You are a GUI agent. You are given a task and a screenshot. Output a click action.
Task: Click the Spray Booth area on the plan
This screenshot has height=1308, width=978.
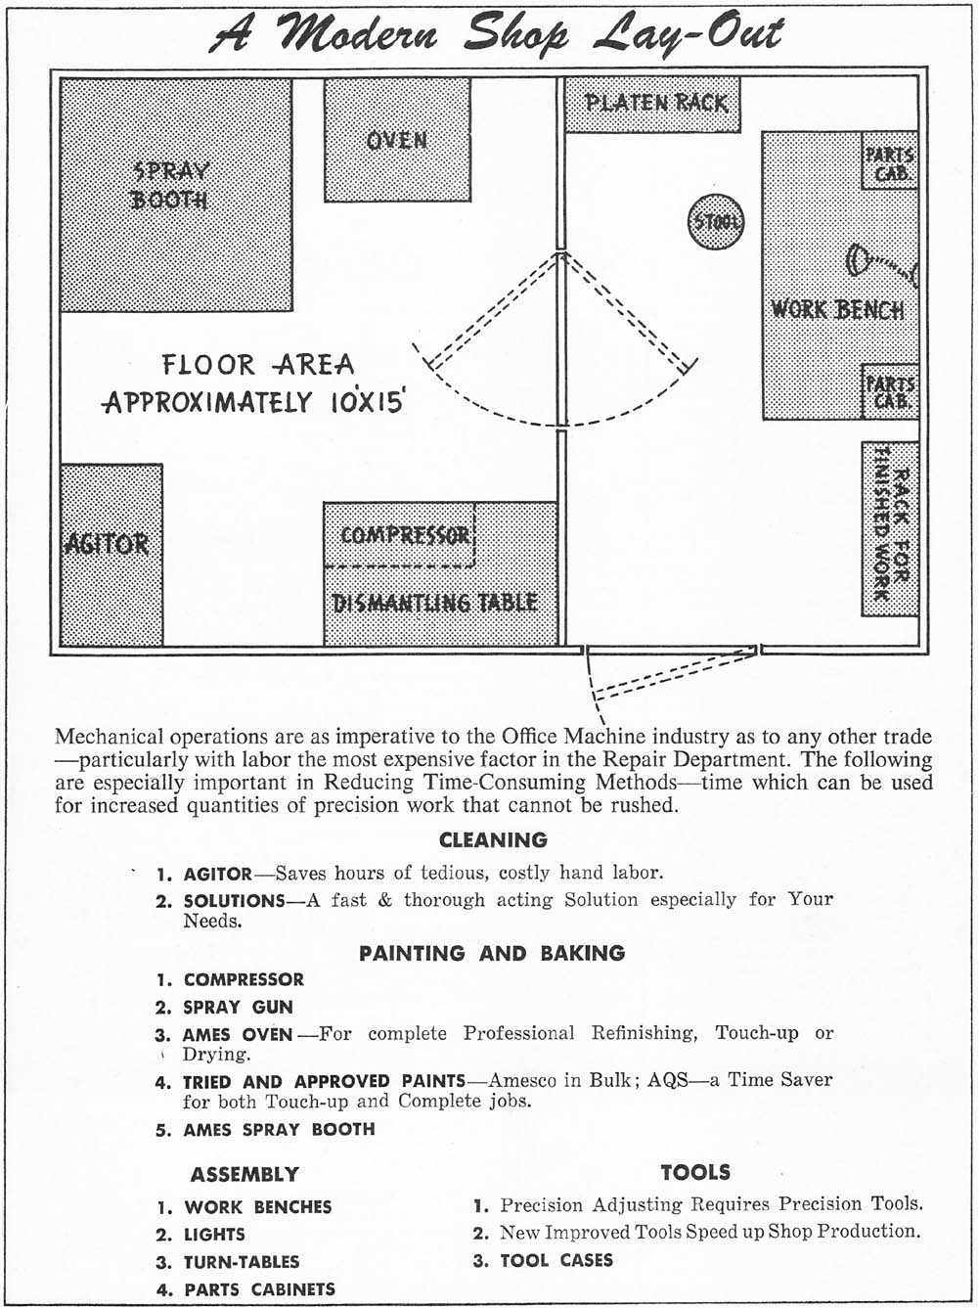click(176, 196)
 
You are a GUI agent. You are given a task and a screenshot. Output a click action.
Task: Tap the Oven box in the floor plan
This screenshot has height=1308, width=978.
click(396, 140)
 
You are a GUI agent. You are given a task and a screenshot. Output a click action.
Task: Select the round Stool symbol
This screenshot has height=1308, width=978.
click(717, 222)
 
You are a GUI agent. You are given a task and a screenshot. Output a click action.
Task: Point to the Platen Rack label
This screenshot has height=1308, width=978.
click(655, 103)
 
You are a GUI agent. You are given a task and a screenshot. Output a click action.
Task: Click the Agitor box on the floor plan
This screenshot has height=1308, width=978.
click(111, 555)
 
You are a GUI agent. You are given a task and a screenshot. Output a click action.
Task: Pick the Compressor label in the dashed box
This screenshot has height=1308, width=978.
click(405, 536)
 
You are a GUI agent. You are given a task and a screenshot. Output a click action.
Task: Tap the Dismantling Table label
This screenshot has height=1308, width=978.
click(435, 603)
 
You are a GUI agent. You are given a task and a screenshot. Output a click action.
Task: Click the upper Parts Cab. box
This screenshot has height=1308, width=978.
click(889, 161)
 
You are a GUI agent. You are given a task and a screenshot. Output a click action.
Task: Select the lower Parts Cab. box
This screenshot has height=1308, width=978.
click(889, 391)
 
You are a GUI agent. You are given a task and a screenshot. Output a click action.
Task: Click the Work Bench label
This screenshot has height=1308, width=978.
click(837, 310)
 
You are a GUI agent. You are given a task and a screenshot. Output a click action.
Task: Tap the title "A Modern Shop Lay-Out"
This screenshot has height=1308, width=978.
click(497, 36)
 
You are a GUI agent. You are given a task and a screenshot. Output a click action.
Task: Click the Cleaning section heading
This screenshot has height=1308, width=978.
click(493, 839)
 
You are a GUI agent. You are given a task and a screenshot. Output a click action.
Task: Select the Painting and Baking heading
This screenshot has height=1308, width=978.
click(492, 953)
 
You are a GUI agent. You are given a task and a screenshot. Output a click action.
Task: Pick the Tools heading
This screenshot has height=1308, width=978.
click(695, 1172)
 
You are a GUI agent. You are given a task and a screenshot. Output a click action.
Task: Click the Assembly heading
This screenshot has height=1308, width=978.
click(244, 1174)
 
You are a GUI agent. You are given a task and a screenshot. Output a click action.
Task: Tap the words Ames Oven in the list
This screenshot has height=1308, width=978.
click(237, 1034)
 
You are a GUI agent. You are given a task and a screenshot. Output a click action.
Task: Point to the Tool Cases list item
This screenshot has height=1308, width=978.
click(556, 1260)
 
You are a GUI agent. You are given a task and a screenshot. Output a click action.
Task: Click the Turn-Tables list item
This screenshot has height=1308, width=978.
click(242, 1262)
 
